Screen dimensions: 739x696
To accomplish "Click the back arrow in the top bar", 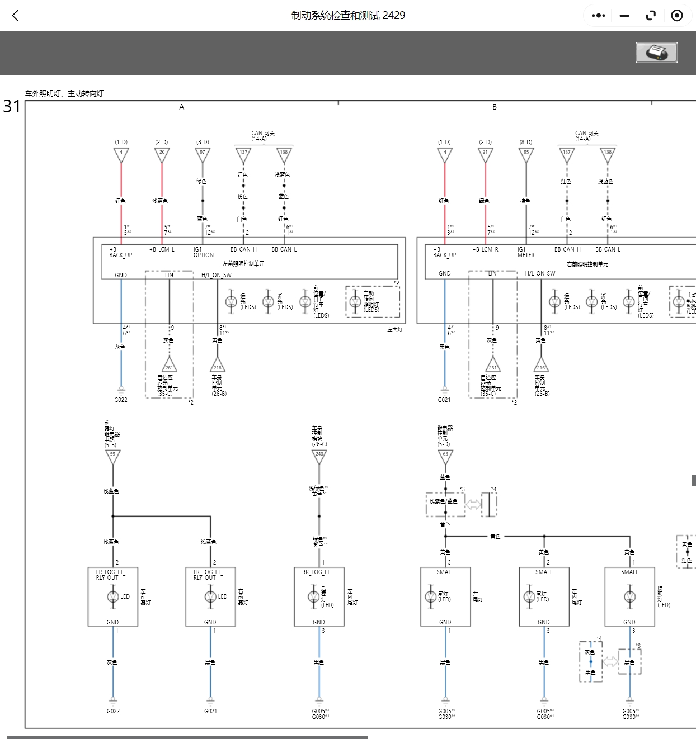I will [16, 16].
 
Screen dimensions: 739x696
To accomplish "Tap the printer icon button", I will [656, 53].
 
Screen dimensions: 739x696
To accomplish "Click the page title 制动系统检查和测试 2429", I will [348, 16].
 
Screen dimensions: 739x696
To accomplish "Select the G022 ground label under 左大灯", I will [121, 400].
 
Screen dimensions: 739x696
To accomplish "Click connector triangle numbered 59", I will [113, 456].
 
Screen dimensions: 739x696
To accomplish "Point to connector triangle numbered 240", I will [319, 456].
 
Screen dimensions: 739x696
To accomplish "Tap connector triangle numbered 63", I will [445, 456].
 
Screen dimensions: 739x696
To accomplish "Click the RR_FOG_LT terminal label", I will [316, 572].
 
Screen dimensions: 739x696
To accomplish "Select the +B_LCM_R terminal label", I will [485, 250].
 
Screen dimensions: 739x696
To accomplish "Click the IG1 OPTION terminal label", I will [203, 252].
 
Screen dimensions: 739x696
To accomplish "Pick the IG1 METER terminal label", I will [526, 252].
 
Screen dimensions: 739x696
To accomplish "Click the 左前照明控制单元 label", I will [243, 264].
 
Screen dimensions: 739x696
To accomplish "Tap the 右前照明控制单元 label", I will [587, 264].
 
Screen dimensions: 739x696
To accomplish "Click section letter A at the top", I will [181, 107].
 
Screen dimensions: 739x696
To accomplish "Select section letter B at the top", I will [494, 107].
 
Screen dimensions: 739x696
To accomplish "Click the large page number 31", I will [12, 106].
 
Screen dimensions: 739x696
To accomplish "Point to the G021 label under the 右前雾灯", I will [210, 711].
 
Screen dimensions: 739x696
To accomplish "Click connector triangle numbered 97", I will [203, 154].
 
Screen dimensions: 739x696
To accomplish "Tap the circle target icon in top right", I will [676, 16].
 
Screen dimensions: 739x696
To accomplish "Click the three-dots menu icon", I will [598, 16].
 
